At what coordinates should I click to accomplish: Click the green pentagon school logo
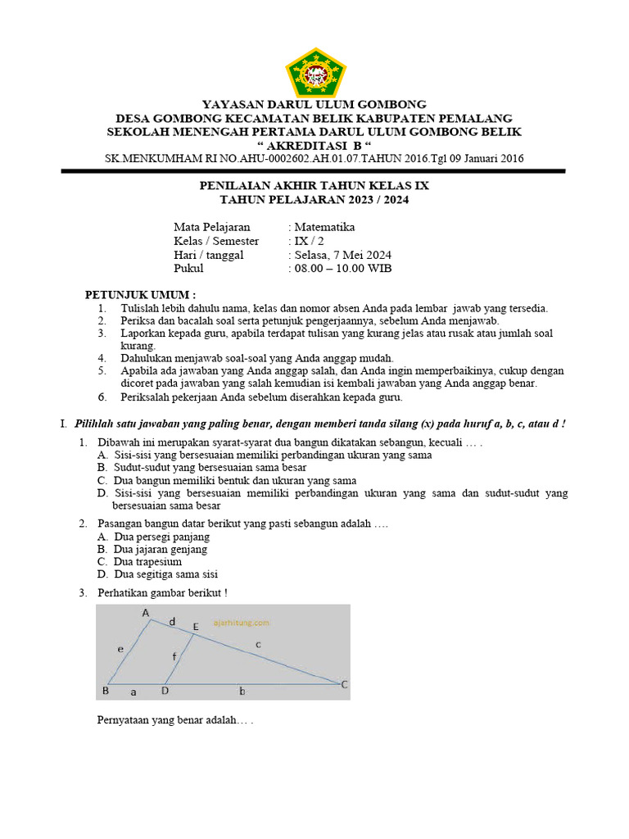click(x=314, y=71)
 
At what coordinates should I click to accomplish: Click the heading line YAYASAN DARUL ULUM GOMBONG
click(x=314, y=104)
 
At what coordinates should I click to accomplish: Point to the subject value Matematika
click(x=325, y=227)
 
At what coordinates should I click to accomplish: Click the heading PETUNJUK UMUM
click(x=141, y=294)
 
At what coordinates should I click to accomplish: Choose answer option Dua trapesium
click(x=147, y=562)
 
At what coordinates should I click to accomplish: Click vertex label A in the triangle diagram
click(x=146, y=612)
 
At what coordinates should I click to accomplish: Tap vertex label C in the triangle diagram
click(x=344, y=684)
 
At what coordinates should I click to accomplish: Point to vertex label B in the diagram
click(x=105, y=691)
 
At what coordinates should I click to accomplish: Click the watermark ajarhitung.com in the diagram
click(x=241, y=623)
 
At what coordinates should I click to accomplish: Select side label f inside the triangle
click(x=174, y=655)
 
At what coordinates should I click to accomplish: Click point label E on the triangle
click(x=195, y=627)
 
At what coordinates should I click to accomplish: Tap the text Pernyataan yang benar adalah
click(x=174, y=722)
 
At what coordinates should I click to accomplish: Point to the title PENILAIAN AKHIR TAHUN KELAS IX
click(x=314, y=186)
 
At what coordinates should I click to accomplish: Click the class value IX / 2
click(x=304, y=241)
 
